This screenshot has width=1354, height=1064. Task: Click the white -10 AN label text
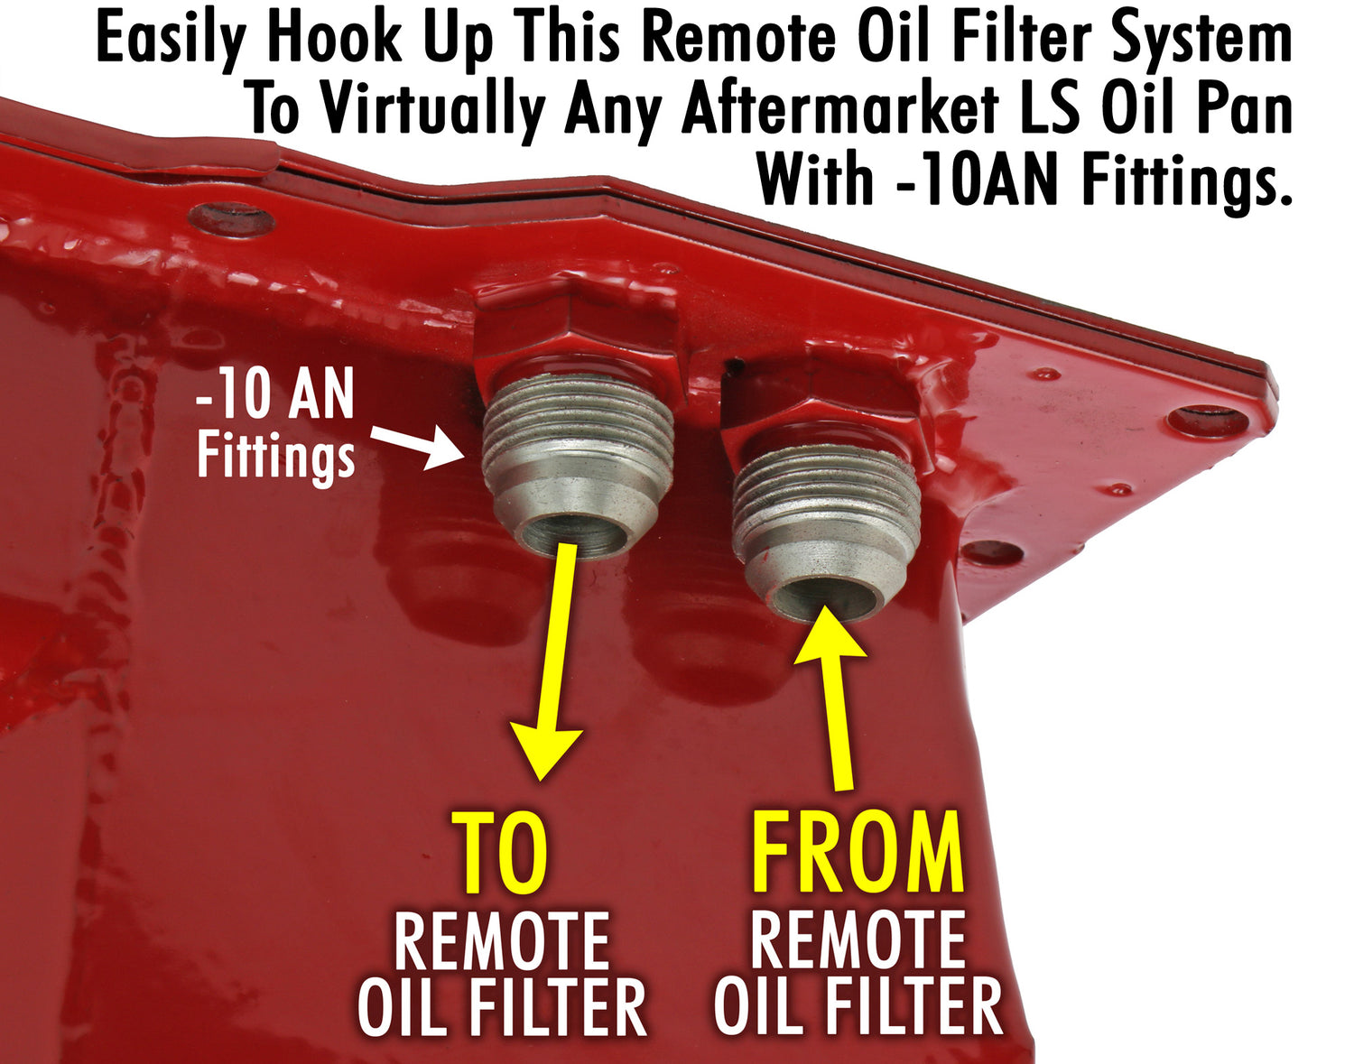click(x=275, y=394)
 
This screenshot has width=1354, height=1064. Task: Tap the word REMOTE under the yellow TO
click(x=502, y=940)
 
